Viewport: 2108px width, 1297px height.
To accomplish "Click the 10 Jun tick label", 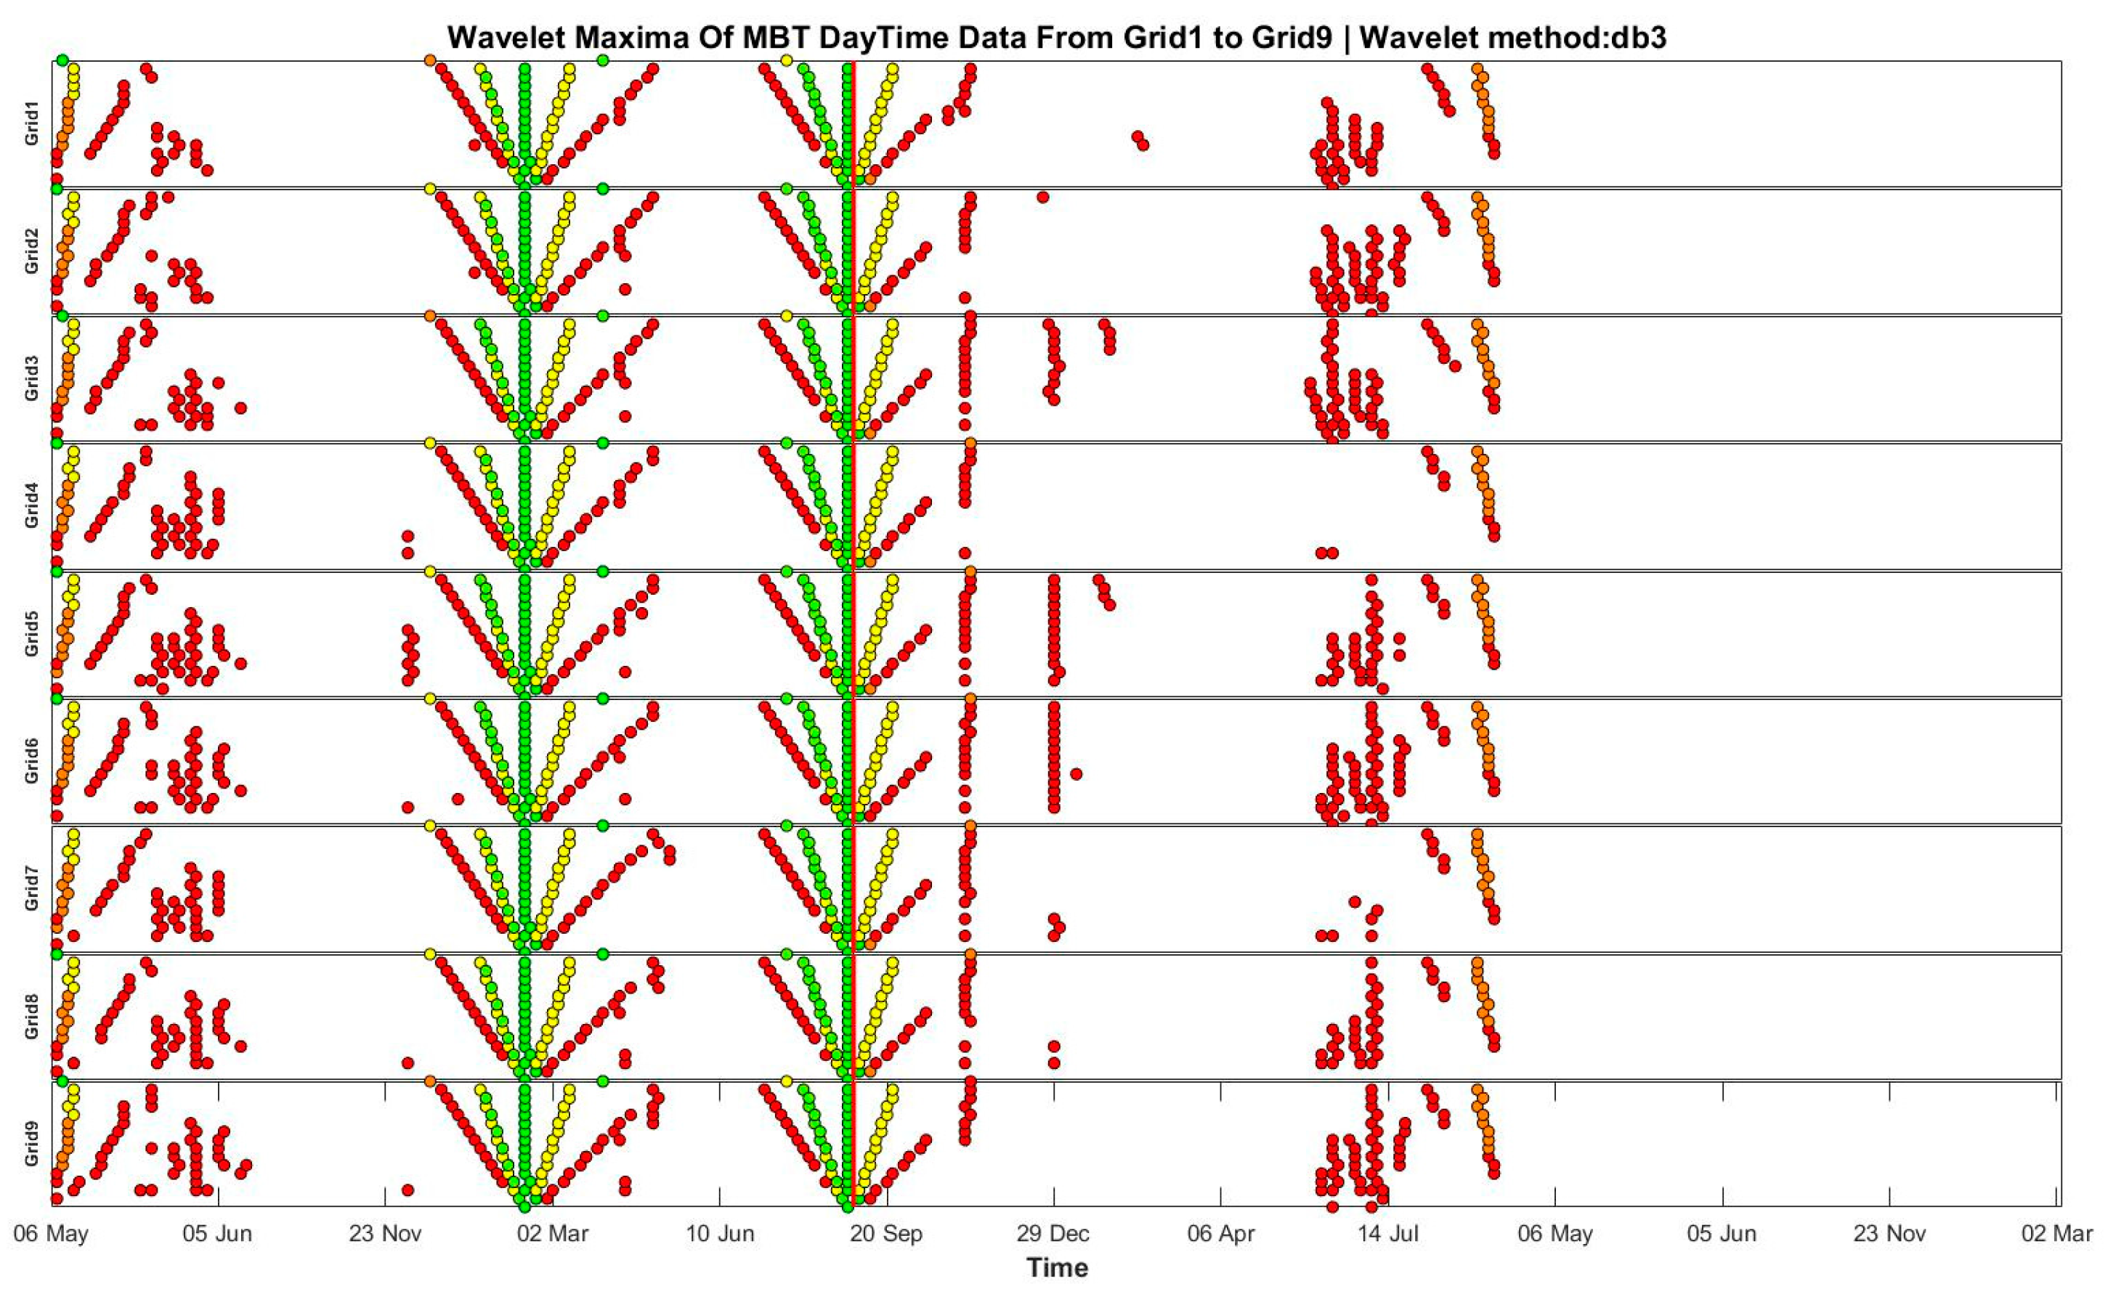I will (719, 1234).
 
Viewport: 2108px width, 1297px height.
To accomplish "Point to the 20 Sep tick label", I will (886, 1234).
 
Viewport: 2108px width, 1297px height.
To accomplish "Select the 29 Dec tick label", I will (1053, 1234).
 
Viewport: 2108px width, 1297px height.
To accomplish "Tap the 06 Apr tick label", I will (1220, 1234).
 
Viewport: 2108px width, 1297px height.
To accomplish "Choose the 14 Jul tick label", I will (1387, 1234).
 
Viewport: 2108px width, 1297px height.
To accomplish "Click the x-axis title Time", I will (1056, 1267).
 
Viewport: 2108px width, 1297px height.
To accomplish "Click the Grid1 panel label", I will (32, 124).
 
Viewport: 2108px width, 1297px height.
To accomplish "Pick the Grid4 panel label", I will (32, 506).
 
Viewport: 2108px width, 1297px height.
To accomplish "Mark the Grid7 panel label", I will (32, 889).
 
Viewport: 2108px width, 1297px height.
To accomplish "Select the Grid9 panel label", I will (32, 1144).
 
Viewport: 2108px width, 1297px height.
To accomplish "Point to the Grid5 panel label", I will (32, 634).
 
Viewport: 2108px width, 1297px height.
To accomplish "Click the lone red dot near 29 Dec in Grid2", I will (1042, 198).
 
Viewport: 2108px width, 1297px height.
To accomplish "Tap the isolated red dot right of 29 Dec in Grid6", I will (1076, 773).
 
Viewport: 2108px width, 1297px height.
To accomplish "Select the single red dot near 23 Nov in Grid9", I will (408, 1190).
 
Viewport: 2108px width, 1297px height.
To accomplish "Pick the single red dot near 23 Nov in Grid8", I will (408, 1063).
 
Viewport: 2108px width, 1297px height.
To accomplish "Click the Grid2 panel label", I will (32, 252).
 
